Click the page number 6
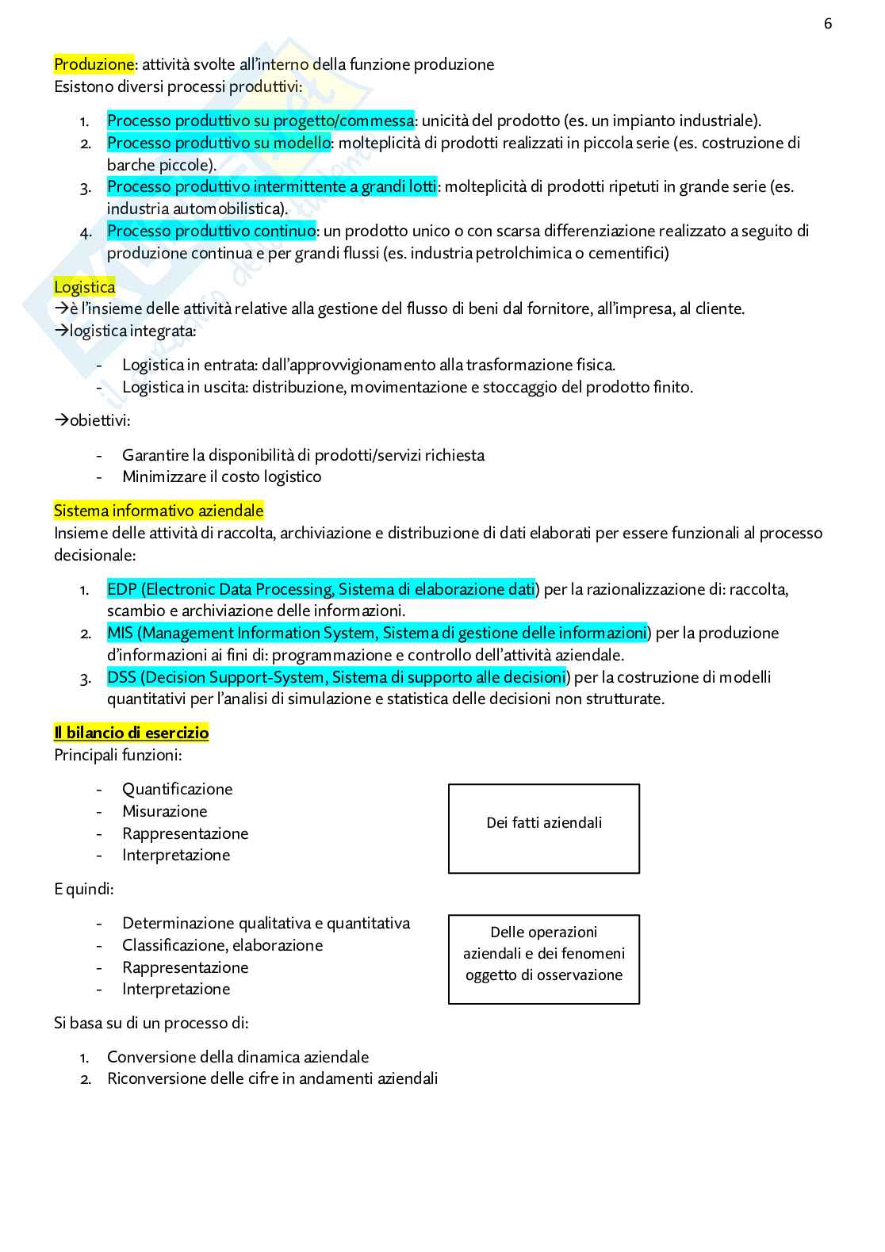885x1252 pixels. click(828, 24)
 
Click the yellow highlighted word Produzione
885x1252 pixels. click(94, 64)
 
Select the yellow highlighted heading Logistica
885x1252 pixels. click(84, 287)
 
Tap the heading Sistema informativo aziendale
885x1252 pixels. click(159, 511)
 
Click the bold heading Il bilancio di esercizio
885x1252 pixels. click(131, 733)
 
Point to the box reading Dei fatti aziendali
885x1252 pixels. click(544, 829)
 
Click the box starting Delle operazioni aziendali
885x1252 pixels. click(544, 959)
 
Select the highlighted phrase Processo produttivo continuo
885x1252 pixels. click(211, 231)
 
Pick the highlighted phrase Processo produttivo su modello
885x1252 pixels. click(218, 143)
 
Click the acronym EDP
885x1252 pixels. click(122, 589)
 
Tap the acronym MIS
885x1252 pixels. click(120, 633)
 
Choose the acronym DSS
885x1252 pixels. click(121, 677)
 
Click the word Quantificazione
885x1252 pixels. click(177, 789)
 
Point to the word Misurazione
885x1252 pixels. click(164, 811)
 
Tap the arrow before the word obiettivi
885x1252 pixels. click(61, 420)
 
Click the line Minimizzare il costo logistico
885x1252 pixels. click(221, 477)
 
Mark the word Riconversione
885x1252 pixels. click(155, 1078)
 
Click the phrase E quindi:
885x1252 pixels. click(83, 889)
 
